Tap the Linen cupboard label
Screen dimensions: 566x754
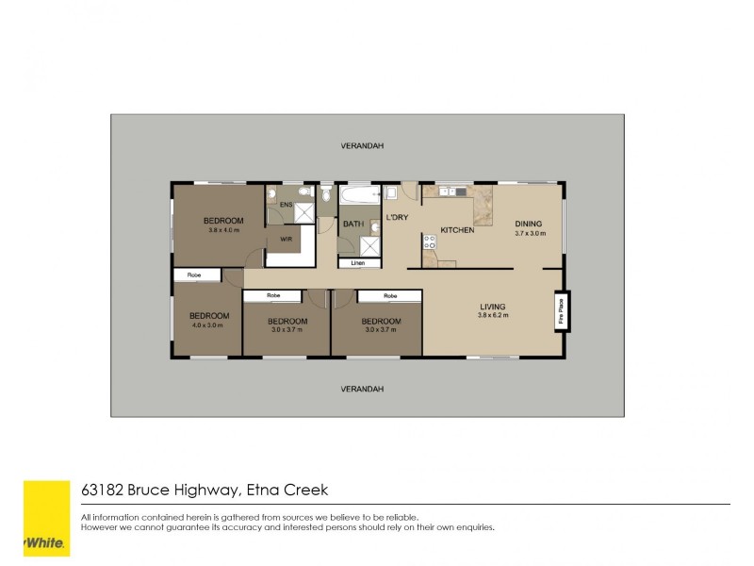358,263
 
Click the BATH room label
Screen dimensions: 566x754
352,224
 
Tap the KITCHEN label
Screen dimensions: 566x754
457,230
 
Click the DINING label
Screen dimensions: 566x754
528,224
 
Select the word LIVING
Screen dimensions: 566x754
493,307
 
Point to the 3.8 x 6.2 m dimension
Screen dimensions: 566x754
493,315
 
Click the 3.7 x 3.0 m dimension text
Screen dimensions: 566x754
530,233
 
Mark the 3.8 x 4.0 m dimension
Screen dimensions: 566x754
223,230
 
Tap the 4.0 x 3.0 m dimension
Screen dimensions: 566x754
208,325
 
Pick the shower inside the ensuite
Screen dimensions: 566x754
304,212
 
